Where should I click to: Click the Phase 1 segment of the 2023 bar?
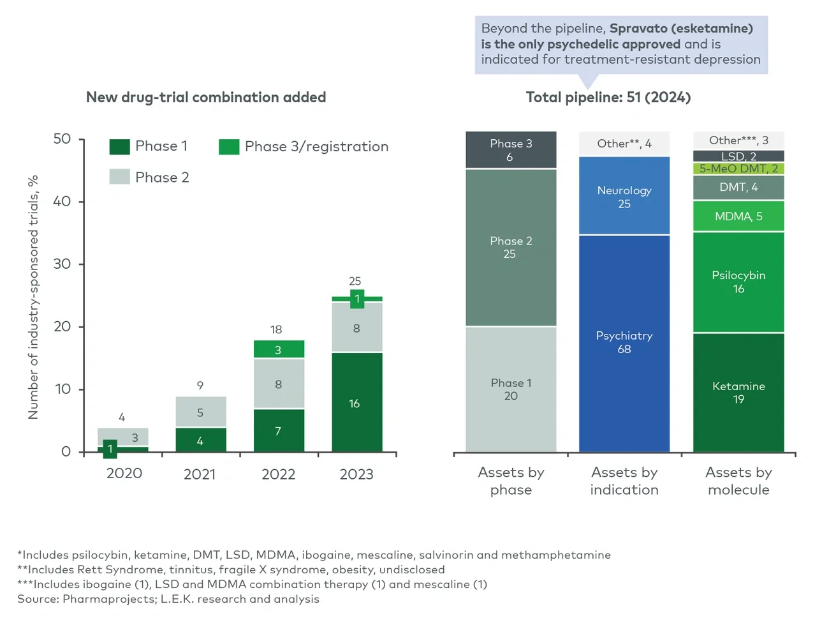pyautogui.click(x=356, y=402)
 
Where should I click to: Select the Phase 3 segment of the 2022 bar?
pyautogui.click(x=279, y=349)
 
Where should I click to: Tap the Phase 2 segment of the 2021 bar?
pyautogui.click(x=200, y=412)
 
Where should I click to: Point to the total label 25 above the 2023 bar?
pyautogui.click(x=355, y=281)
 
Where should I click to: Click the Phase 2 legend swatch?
pyautogui.click(x=119, y=177)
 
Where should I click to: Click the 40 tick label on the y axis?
pyautogui.click(x=62, y=202)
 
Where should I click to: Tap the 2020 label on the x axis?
pyautogui.click(x=124, y=473)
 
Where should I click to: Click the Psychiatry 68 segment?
pyautogui.click(x=624, y=343)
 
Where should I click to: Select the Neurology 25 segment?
pyautogui.click(x=624, y=197)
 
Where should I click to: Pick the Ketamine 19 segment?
pyautogui.click(x=738, y=393)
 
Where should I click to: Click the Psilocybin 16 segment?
pyautogui.click(x=738, y=282)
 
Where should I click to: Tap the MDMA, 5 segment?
pyautogui.click(x=738, y=216)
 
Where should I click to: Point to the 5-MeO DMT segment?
pyautogui.click(x=738, y=169)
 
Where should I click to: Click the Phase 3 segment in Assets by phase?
pyautogui.click(x=511, y=150)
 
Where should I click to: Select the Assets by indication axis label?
pyautogui.click(x=624, y=481)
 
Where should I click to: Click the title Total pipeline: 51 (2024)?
pyautogui.click(x=608, y=97)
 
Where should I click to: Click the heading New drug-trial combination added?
pyautogui.click(x=206, y=97)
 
